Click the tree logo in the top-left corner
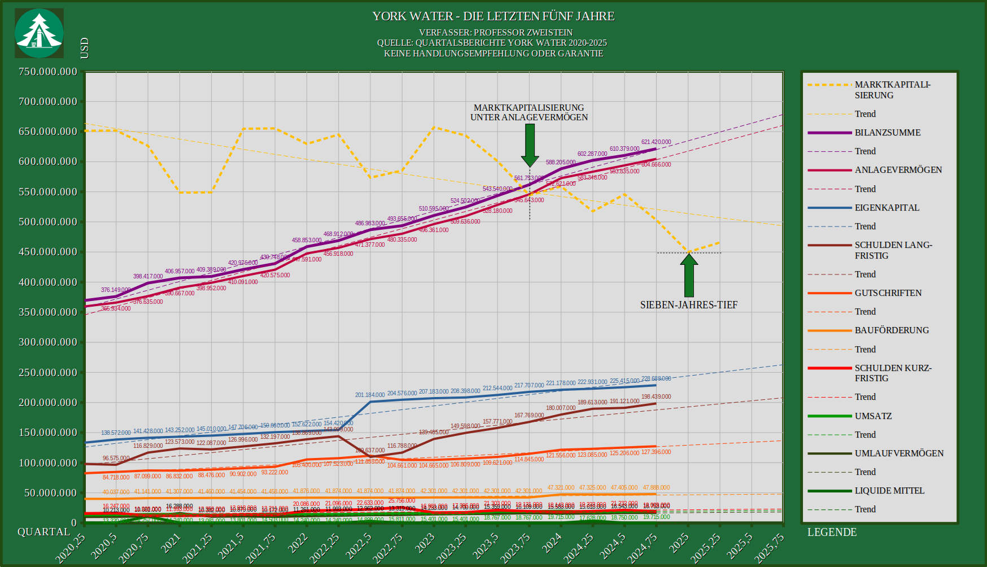pos(39,33)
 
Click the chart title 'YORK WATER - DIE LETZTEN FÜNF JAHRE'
pos(493,16)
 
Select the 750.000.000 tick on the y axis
pos(47,72)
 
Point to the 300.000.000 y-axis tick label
pos(47,342)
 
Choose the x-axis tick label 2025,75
pos(768,548)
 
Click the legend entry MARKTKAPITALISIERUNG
pos(892,90)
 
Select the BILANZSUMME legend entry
pos(887,133)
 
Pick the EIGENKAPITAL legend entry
pos(886,208)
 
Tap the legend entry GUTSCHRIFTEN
pos(888,293)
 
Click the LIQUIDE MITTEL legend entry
pos(889,491)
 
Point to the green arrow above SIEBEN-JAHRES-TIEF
pos(689,276)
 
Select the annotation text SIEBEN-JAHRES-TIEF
pos(688,305)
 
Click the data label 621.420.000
pos(656,142)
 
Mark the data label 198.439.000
pos(656,396)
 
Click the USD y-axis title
pos(85,48)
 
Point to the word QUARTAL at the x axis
pos(44,532)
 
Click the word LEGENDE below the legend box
pos(832,532)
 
